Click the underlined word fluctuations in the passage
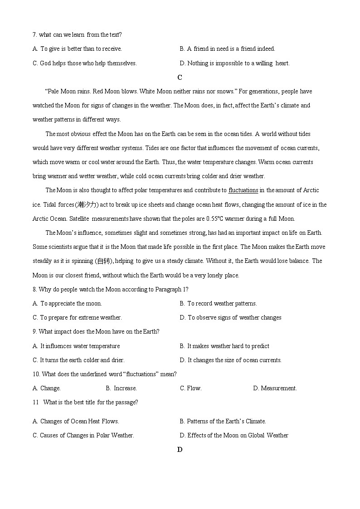tap(243, 190)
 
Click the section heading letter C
tap(180, 78)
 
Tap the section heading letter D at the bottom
tap(180, 450)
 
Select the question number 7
tap(34, 34)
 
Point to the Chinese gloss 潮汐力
tap(87, 204)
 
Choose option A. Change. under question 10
tap(47, 388)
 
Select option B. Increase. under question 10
tap(121, 388)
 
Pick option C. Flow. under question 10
tap(191, 388)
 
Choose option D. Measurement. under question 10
tap(275, 388)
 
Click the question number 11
tap(35, 402)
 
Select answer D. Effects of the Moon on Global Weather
tap(234, 435)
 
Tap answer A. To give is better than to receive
tap(77, 48)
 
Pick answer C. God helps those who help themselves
tap(84, 63)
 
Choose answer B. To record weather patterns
tap(219, 303)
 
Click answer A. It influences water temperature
tap(76, 346)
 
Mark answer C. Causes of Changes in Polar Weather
tap(83, 435)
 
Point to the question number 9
tap(34, 331)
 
